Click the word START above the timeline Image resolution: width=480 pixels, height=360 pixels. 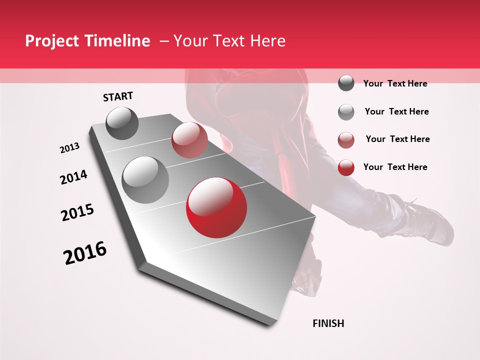[118, 96]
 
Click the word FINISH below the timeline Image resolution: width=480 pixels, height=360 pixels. [328, 323]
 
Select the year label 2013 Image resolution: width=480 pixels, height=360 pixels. [69, 148]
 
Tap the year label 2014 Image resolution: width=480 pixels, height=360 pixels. [73, 177]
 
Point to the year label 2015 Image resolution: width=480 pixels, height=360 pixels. [77, 212]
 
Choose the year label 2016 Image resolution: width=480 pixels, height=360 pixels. [85, 253]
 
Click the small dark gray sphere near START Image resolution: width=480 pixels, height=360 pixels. [122, 123]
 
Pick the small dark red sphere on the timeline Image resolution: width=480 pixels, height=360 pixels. [189, 140]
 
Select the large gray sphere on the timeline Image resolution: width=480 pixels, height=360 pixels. [145, 180]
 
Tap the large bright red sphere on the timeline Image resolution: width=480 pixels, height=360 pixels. [216, 207]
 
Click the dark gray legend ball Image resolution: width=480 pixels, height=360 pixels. [346, 83]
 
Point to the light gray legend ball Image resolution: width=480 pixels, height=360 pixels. [346, 112]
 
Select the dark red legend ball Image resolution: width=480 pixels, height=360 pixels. [346, 140]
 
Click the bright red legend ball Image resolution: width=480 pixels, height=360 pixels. [346, 167]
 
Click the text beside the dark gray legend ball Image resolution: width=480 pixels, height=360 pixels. [395, 83]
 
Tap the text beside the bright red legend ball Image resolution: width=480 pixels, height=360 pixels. [395, 167]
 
